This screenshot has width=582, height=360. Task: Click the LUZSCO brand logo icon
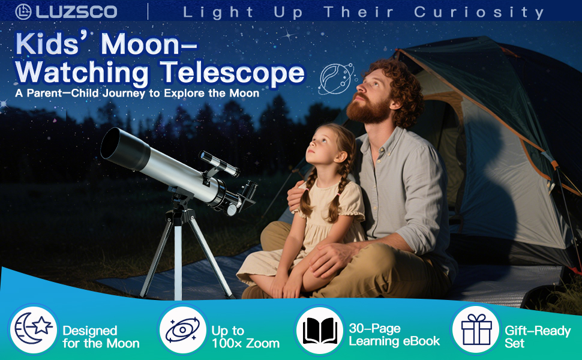pos(24,11)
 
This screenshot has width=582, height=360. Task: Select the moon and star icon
pos(34,329)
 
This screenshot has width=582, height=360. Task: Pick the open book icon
pos(319,330)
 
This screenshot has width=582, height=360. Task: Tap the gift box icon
pos(476,329)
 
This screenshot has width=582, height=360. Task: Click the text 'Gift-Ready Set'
pos(537,337)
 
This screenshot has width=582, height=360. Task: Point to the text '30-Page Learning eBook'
pos(394,335)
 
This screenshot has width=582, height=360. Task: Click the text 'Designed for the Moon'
pos(101,337)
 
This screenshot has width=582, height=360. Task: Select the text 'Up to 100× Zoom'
pos(245,337)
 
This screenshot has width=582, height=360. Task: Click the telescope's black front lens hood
pos(123,151)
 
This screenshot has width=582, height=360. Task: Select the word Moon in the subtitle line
pos(245,94)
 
